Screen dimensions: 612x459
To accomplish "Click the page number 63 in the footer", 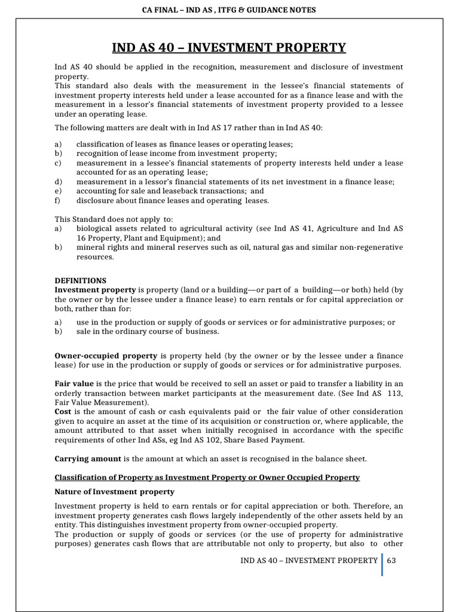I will tap(392, 560).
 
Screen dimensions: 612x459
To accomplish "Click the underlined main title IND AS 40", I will tap(229, 48).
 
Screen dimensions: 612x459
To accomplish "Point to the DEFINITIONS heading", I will tap(81, 280).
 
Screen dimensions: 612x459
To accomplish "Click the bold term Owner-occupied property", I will tap(106, 356).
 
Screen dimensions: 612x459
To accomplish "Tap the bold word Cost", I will tap(63, 412).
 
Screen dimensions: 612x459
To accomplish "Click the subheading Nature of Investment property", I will tap(115, 491).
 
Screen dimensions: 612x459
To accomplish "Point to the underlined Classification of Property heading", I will tap(207, 477).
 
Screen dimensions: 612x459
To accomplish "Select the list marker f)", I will tap(58, 200).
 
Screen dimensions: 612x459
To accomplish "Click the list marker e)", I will tap(58, 191).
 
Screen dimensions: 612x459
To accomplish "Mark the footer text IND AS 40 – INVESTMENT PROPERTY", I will tap(308, 560).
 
